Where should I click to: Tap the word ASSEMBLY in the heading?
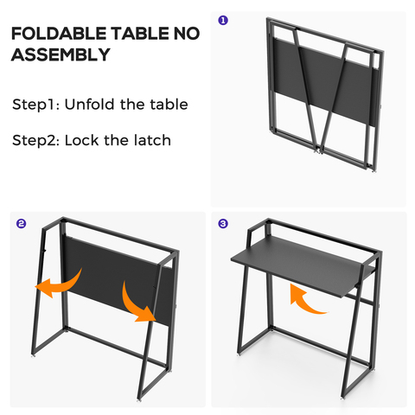(x=61, y=56)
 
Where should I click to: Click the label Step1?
(x=37, y=105)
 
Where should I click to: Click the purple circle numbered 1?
(x=223, y=20)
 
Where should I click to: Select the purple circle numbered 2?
(x=21, y=224)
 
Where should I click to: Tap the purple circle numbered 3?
(x=223, y=224)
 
